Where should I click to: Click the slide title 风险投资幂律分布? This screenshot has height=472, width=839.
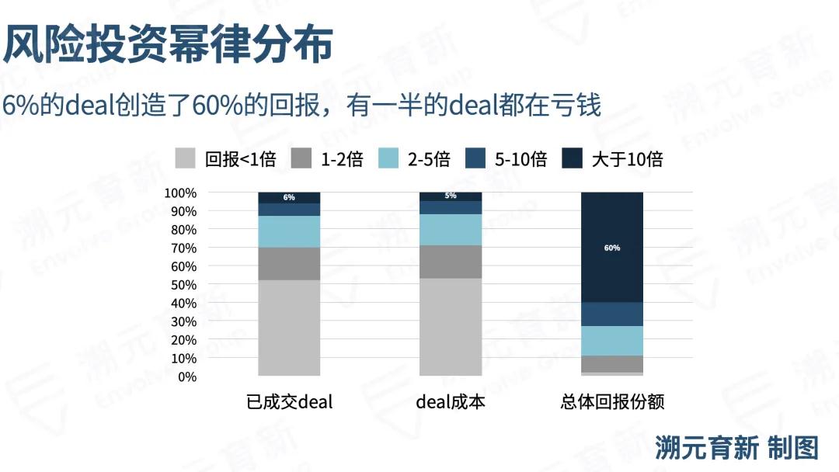pos(167,44)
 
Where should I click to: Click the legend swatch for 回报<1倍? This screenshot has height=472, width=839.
pos(185,159)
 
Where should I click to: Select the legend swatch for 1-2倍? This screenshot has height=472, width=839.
pos(301,159)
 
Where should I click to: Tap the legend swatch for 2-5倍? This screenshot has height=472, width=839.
pos(388,159)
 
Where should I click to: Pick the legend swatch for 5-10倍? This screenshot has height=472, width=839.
pos(475,159)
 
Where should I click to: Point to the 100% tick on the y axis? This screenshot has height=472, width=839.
pos(180,193)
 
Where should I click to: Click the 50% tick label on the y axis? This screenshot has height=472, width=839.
pos(183,285)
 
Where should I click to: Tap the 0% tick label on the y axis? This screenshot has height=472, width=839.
pos(186,377)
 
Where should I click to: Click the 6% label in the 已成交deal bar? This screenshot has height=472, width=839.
pos(289,197)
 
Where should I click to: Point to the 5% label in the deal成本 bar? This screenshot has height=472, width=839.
pos(451,196)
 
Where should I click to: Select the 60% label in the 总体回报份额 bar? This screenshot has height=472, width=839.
pos(612,248)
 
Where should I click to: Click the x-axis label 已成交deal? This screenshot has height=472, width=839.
pos(289,402)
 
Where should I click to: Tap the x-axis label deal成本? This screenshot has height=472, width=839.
pos(451,402)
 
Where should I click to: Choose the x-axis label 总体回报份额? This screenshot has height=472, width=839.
pos(612,402)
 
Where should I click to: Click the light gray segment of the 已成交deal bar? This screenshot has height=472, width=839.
pos(289,328)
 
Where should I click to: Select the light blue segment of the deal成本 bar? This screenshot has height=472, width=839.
pos(451,230)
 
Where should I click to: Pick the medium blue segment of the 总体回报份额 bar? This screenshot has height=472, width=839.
pos(612,314)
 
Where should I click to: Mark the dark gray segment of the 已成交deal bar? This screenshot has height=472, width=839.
pos(289,264)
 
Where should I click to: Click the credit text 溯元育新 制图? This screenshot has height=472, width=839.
pos(736,448)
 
